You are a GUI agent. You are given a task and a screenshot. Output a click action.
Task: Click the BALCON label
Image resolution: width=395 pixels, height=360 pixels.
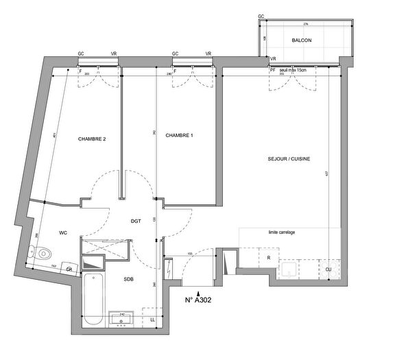coord(301,41)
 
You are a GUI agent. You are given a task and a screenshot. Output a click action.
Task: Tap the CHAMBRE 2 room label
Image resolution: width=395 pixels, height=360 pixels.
coord(92,140)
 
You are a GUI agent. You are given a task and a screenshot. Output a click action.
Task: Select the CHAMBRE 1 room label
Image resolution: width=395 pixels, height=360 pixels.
coord(179,136)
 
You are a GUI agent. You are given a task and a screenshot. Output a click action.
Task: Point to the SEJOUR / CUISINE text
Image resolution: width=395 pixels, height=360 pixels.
coord(289,159)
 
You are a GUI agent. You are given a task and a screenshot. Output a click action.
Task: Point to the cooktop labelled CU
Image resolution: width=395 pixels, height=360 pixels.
coord(328,269)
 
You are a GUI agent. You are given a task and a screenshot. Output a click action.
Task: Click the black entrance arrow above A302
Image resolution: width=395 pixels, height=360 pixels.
coord(199,291)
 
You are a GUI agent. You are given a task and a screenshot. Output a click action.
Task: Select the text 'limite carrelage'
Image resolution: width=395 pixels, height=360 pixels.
coord(282,232)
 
